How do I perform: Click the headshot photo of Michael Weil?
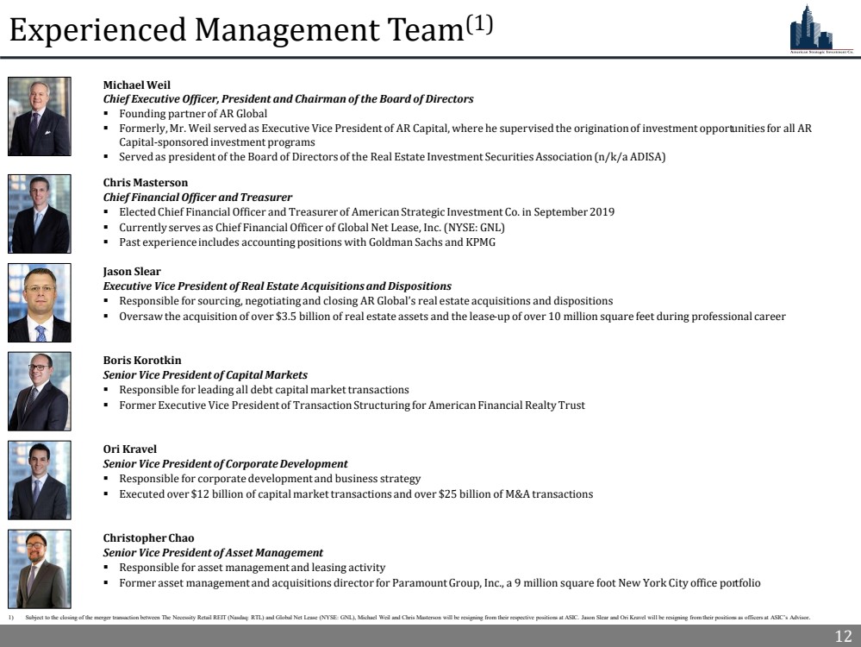coord(40,116)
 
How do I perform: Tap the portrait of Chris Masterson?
coord(40,214)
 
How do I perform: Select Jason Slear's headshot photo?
coord(40,304)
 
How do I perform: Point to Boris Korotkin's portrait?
coord(40,392)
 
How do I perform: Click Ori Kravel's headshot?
coord(40,481)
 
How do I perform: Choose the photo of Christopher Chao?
coord(40,569)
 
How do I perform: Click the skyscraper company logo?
coord(820,29)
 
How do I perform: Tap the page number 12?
coord(843,637)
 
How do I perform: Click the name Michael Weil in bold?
coord(137,85)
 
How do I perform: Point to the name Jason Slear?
coord(132,271)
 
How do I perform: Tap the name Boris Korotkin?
coord(142,360)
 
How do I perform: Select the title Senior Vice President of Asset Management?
coord(213,553)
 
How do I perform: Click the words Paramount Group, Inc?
coord(439,583)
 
